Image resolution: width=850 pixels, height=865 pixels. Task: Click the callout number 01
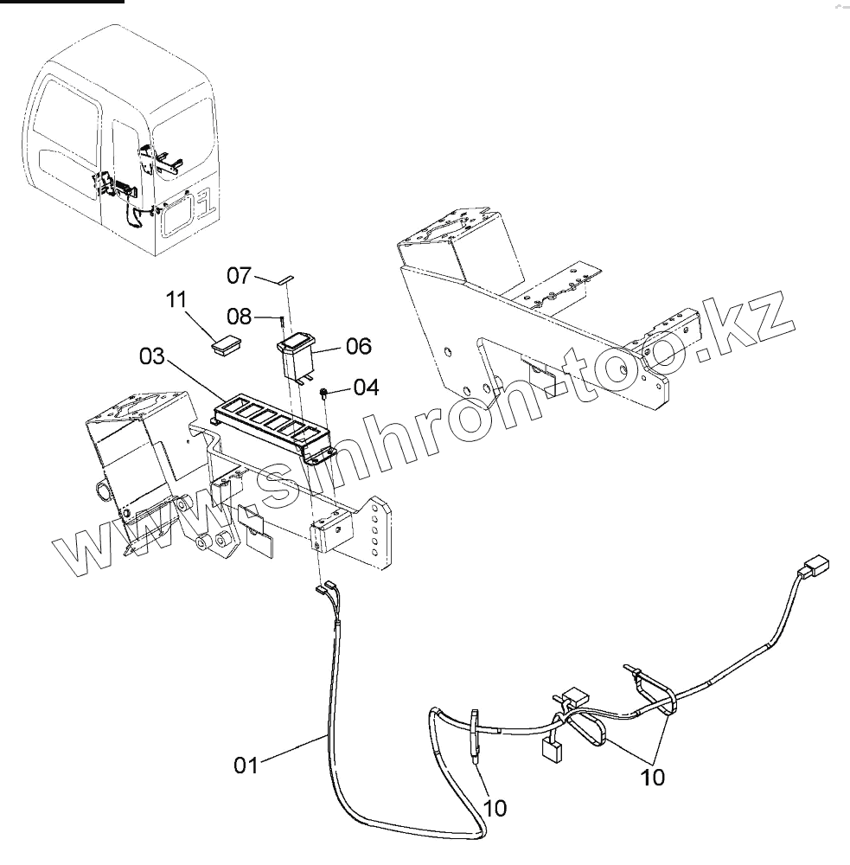(x=246, y=765)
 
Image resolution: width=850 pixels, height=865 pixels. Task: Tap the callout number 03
(x=150, y=356)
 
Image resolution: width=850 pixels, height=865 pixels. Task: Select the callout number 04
(x=366, y=387)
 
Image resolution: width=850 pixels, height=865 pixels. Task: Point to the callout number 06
(x=358, y=346)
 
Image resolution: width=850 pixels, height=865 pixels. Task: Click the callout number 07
(x=239, y=276)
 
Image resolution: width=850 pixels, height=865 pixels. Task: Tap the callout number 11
(x=176, y=300)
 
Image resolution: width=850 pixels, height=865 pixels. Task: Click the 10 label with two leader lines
(x=654, y=777)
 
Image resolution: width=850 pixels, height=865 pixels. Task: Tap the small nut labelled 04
(x=323, y=394)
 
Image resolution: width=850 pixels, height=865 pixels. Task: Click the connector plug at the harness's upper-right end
(x=812, y=572)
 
